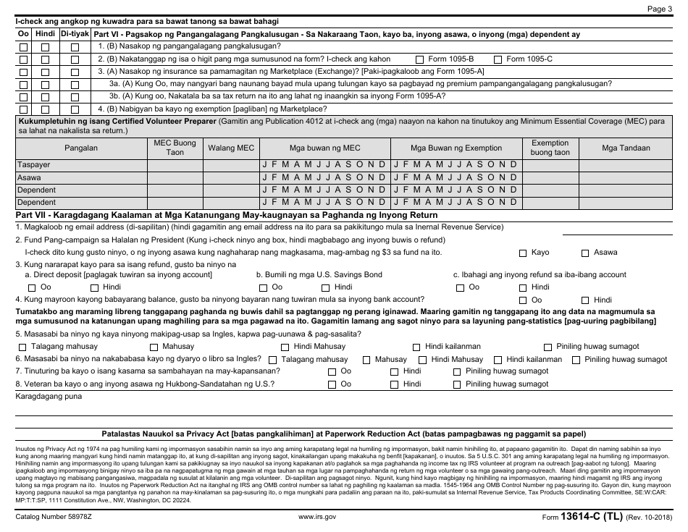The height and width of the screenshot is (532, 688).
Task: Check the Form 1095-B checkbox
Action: pos(420,59)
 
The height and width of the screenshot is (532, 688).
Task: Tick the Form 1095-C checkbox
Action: pos(498,59)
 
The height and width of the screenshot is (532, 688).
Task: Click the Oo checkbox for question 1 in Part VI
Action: pos(24,47)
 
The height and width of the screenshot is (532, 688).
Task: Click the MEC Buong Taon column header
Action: pos(175,148)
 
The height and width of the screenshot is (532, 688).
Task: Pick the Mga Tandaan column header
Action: pos(626,148)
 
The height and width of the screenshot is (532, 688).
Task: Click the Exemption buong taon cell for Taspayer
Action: pos(550,165)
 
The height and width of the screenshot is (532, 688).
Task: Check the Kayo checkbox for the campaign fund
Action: pos(523,253)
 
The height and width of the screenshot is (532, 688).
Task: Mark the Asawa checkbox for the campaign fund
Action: pos(585,253)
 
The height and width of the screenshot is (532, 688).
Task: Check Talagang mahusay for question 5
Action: pos(23,347)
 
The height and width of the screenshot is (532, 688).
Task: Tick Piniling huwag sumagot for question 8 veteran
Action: pos(457,384)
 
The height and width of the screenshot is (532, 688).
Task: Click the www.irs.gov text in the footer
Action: pos(317,517)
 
